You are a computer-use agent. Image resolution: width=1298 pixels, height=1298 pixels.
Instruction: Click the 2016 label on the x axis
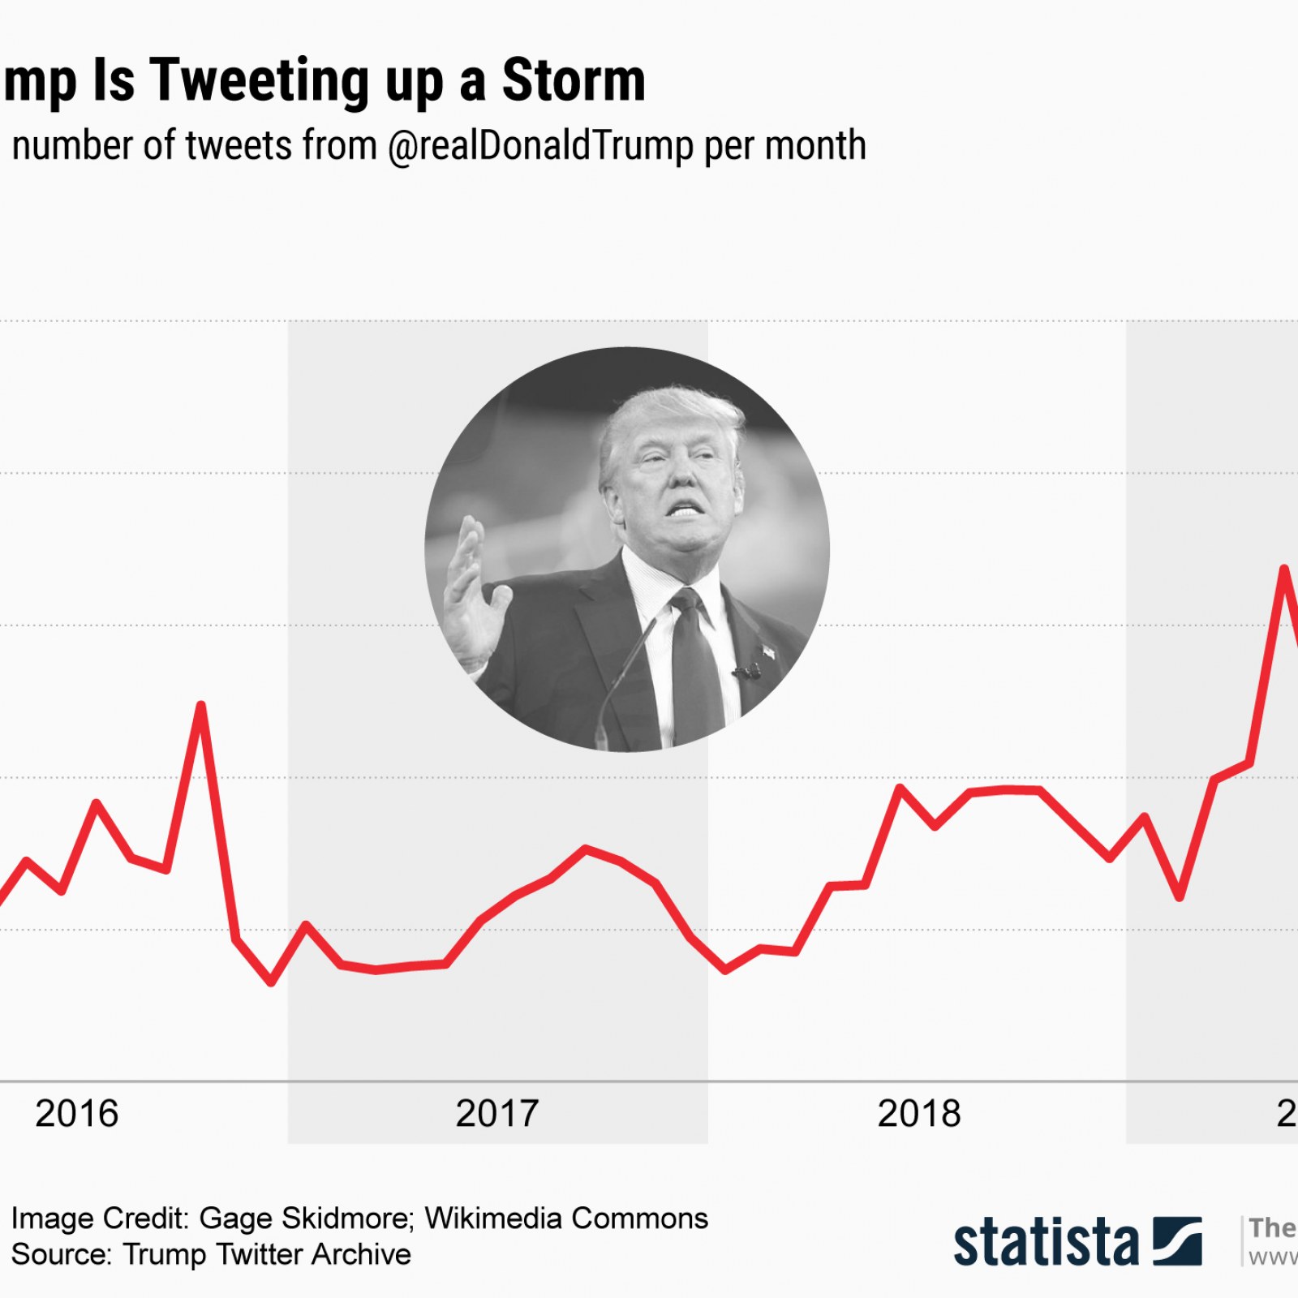point(77,1114)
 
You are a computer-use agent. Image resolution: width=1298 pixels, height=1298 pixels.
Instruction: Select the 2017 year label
point(497,1114)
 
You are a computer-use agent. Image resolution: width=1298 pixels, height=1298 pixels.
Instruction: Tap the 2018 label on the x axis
point(919,1114)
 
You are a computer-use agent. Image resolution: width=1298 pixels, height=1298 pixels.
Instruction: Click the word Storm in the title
point(574,80)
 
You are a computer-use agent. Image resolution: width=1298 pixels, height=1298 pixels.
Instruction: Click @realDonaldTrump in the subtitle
point(541,147)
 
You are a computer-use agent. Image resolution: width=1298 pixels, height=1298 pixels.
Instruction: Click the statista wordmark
point(1047,1242)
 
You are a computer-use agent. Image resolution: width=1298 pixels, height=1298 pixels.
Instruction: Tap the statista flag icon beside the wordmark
point(1177,1240)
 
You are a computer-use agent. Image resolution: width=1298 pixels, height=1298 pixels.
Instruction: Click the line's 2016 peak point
point(201,705)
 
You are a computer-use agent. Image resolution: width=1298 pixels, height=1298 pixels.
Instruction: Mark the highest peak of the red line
point(1284,568)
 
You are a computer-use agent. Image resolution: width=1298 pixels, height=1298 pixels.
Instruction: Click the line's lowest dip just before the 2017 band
point(271,983)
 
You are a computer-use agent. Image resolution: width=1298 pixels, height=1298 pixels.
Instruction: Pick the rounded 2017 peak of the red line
point(586,849)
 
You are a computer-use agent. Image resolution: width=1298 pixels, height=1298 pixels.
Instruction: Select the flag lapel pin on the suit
point(766,651)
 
